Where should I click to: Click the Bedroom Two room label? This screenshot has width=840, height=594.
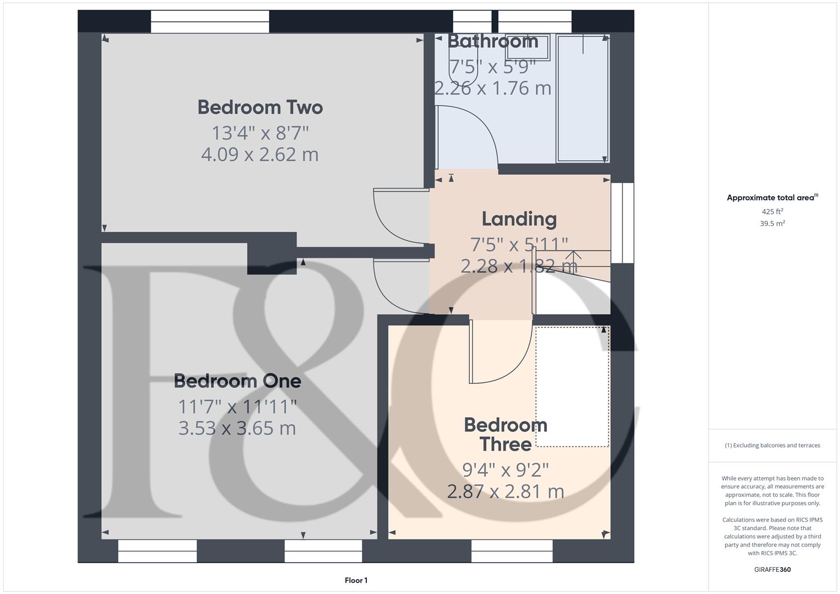click(x=260, y=107)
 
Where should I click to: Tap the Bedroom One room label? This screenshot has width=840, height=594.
click(x=237, y=381)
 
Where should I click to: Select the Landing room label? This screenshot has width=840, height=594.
click(x=519, y=219)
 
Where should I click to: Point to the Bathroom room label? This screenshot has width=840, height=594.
click(x=492, y=41)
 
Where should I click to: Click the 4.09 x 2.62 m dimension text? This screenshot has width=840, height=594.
click(x=260, y=155)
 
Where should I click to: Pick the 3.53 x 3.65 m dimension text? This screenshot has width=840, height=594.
click(x=237, y=428)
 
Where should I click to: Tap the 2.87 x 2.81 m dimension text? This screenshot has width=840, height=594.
click(x=505, y=491)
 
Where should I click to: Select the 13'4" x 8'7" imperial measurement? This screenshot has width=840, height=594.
click(x=260, y=133)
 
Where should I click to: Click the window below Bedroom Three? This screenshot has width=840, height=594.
click(x=512, y=551)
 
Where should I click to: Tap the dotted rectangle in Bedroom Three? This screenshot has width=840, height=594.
click(x=572, y=387)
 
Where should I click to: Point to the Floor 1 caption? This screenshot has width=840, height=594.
click(x=356, y=580)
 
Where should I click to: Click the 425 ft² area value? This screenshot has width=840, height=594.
click(x=772, y=211)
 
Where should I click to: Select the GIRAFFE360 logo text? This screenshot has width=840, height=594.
click(x=772, y=569)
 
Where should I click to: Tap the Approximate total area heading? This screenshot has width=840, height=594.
click(x=772, y=197)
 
